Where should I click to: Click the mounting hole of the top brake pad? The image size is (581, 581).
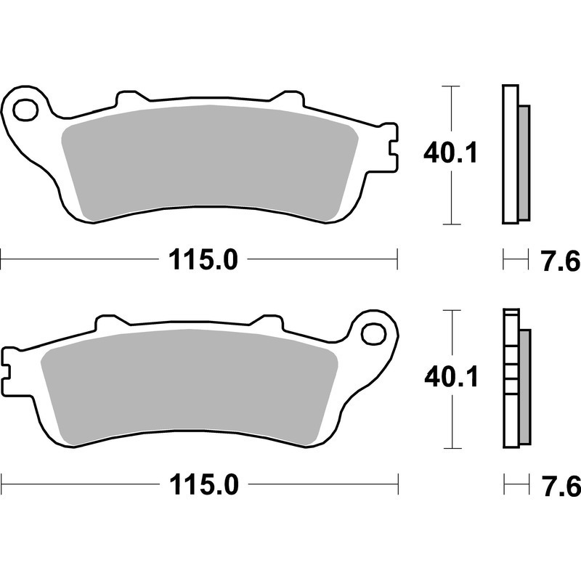pyautogui.click(x=25, y=110)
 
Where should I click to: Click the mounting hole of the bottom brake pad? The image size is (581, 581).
pyautogui.click(x=374, y=333)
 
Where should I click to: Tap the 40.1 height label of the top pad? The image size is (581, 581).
pyautogui.click(x=450, y=153)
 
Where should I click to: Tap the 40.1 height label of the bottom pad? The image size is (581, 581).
pyautogui.click(x=451, y=377)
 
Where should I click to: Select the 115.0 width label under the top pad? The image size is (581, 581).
pyautogui.click(x=203, y=259)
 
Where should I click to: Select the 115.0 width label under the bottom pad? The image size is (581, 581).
pyautogui.click(x=204, y=484)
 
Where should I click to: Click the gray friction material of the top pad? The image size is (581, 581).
pyautogui.click(x=210, y=163)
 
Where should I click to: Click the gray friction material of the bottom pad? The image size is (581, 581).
pyautogui.click(x=189, y=387)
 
